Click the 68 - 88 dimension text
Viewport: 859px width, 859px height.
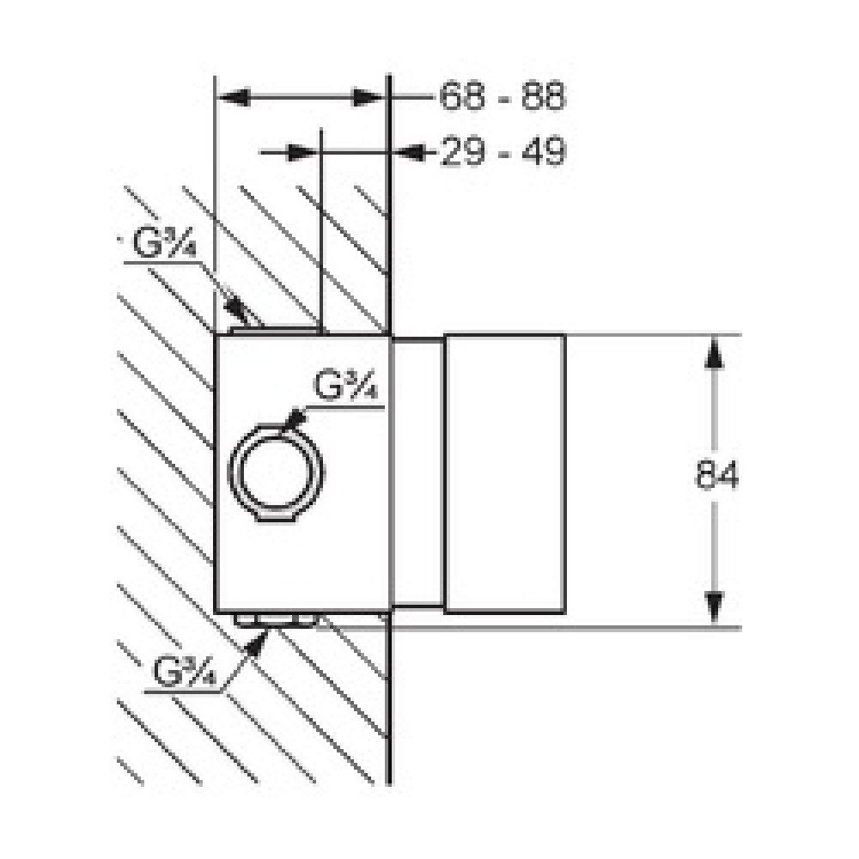pyautogui.click(x=502, y=96)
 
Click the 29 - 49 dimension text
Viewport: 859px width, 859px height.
pyautogui.click(x=502, y=152)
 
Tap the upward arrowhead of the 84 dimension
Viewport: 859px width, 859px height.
pyautogui.click(x=713, y=352)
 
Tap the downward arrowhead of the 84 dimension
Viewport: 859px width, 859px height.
pyautogui.click(x=713, y=607)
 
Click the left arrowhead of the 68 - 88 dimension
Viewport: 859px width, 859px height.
pyautogui.click(x=234, y=98)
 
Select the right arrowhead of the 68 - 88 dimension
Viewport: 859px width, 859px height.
pyautogui.click(x=368, y=98)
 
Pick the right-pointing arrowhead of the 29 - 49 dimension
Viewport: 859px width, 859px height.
pyautogui.click(x=302, y=153)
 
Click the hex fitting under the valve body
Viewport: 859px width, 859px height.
pyautogui.click(x=277, y=619)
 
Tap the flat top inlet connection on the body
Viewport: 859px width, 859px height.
pyautogui.click(x=276, y=330)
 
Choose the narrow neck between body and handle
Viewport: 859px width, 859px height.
pyautogui.click(x=418, y=473)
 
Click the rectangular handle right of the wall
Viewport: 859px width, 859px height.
pyautogui.click(x=505, y=473)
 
